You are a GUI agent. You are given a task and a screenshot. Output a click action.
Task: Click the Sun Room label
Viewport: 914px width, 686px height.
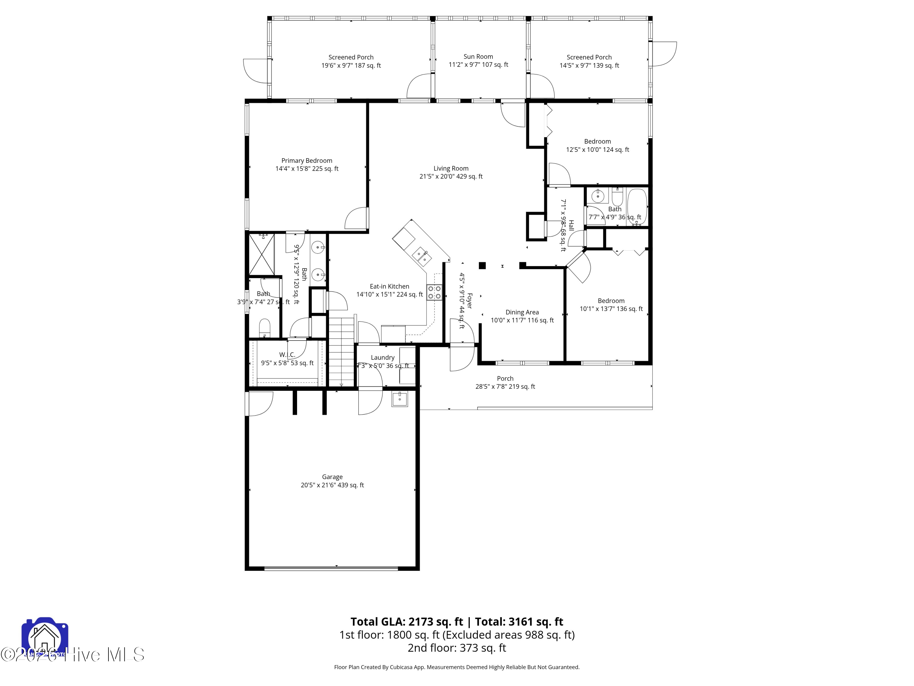tap(478, 57)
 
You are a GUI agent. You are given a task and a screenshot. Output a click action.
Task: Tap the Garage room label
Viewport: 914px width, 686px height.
tap(332, 477)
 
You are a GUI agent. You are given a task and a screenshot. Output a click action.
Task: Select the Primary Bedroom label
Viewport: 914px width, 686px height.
tap(306, 160)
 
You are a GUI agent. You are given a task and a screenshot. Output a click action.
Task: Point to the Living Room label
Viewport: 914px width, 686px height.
tap(451, 168)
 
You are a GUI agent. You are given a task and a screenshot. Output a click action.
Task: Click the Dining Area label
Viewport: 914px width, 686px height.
tap(522, 312)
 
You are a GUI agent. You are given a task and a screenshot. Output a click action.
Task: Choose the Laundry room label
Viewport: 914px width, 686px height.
tap(382, 357)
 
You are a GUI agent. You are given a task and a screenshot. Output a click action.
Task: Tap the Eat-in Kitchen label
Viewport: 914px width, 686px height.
tap(389, 286)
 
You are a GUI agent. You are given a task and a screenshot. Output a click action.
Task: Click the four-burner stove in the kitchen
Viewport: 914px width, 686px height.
tap(434, 292)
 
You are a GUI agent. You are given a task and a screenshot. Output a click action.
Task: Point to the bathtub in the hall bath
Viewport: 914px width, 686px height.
tap(637, 207)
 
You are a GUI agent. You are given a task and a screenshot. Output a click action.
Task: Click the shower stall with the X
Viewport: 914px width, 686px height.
tap(261, 254)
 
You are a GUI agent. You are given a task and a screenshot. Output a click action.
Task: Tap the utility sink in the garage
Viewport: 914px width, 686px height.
tap(399, 399)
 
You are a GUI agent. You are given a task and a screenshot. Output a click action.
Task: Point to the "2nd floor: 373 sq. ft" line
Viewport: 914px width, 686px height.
tap(457, 648)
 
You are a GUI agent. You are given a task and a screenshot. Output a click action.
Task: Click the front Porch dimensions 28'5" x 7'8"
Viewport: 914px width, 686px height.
tap(505, 387)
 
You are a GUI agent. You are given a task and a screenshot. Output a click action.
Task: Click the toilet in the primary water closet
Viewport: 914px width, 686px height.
tap(264, 327)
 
